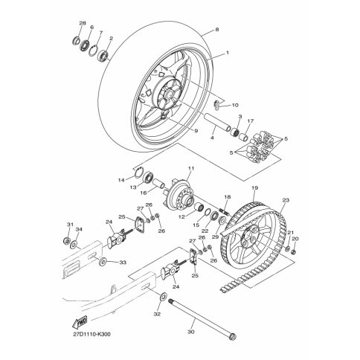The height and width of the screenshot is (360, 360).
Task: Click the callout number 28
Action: [83, 23]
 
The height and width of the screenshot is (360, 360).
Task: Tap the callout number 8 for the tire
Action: [217, 30]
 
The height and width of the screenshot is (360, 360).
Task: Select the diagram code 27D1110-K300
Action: [92, 334]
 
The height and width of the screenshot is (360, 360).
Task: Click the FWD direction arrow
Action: [80, 322]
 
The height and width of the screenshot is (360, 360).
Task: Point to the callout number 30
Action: [191, 332]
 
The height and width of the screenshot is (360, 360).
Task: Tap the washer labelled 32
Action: [164, 296]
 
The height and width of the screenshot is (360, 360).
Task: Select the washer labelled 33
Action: [103, 262]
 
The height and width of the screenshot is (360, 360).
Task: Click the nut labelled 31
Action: [66, 240]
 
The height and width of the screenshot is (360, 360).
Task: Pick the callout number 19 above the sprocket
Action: [254, 188]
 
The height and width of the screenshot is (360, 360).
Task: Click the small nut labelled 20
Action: [293, 252]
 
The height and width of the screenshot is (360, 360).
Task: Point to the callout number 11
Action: [191, 169]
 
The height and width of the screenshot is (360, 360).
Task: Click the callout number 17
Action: [251, 121]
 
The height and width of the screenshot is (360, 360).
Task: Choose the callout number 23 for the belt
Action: [286, 200]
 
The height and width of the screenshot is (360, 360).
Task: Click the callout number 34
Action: [79, 230]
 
